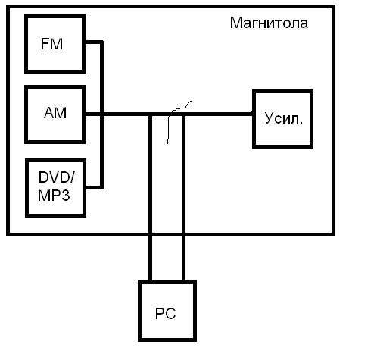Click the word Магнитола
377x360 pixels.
pyautogui.click(x=269, y=23)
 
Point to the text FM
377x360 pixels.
pyautogui.click(x=51, y=44)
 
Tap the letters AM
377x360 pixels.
pyautogui.click(x=55, y=113)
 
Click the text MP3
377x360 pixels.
pyautogui.click(x=54, y=196)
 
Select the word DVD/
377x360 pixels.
pyautogui.click(x=57, y=177)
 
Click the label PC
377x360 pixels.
pyautogui.click(x=165, y=314)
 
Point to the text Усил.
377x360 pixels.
pyautogui.click(x=283, y=118)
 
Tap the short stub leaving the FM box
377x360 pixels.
pyautogui.click(x=94, y=42)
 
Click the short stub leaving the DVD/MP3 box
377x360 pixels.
pyautogui.click(x=95, y=187)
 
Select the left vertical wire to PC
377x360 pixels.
pyautogui.click(x=150, y=198)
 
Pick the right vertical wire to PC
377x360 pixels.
pyautogui.click(x=183, y=198)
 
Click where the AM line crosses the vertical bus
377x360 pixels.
pyautogui.click(x=101, y=114)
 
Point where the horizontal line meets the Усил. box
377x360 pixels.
pyautogui.click(x=253, y=114)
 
